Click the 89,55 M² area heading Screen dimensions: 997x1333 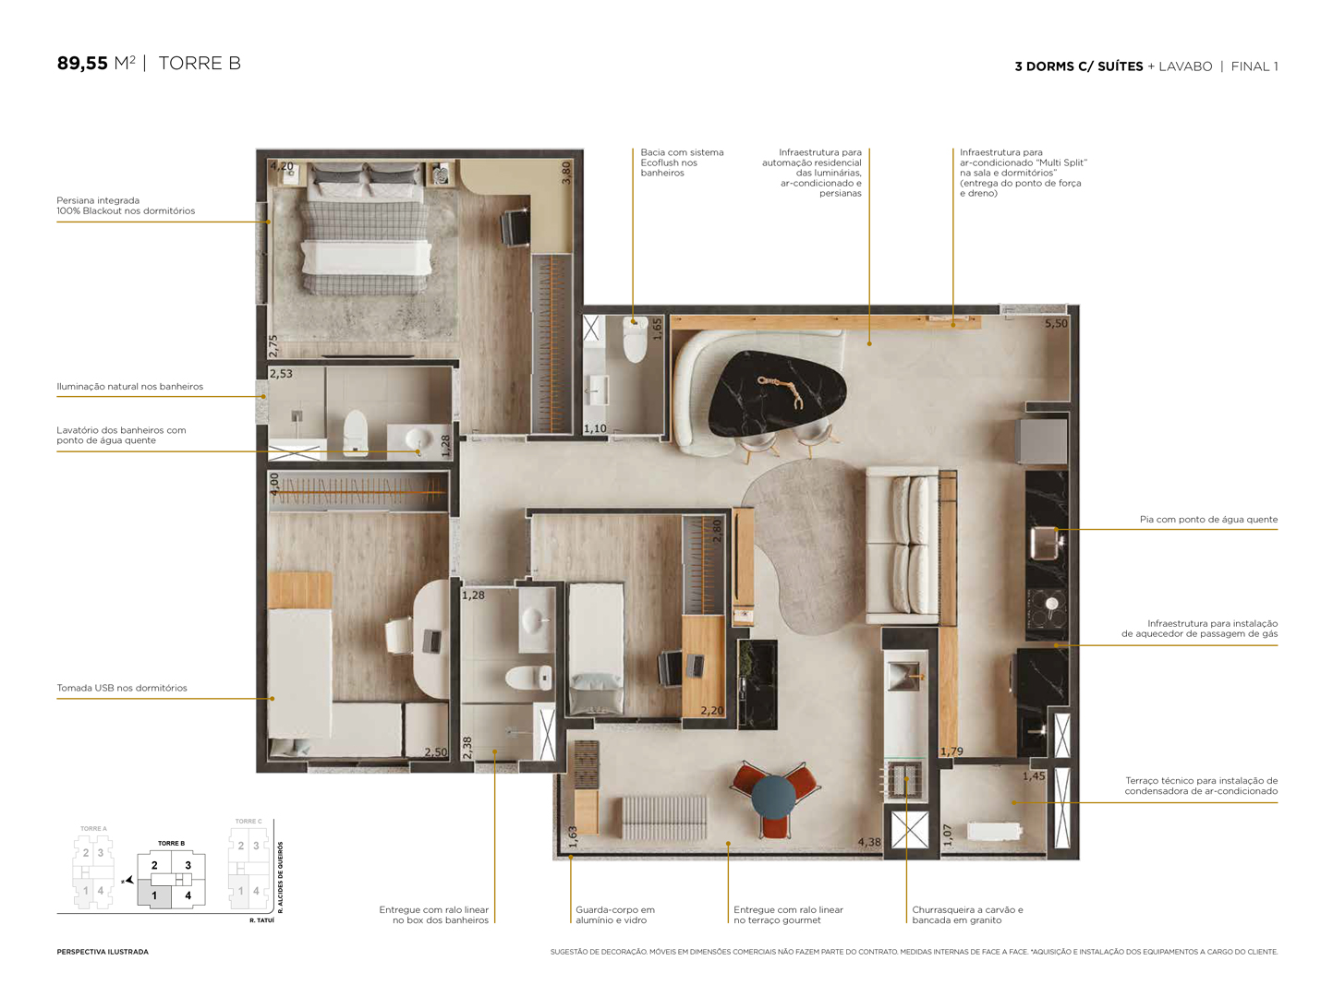click(96, 64)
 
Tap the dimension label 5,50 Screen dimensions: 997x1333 click(1055, 324)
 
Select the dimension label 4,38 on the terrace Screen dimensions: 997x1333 click(868, 842)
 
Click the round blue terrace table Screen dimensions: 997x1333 click(773, 796)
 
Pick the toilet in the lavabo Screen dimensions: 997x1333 click(635, 342)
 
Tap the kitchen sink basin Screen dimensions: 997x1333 click(1047, 541)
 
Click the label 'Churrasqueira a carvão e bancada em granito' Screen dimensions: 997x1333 click(967, 915)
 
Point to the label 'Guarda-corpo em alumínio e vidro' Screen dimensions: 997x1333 click(614, 915)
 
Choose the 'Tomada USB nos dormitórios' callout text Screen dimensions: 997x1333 click(122, 688)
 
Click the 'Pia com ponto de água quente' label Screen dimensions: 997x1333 click(1208, 520)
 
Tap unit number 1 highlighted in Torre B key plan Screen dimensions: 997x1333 click(154, 895)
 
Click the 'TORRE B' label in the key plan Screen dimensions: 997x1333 click(171, 843)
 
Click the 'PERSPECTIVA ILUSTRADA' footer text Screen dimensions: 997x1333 click(103, 952)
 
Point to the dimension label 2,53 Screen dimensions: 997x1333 click(281, 374)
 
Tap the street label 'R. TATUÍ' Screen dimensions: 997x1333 click(261, 920)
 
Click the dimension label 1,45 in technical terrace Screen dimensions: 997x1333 click(1033, 776)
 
